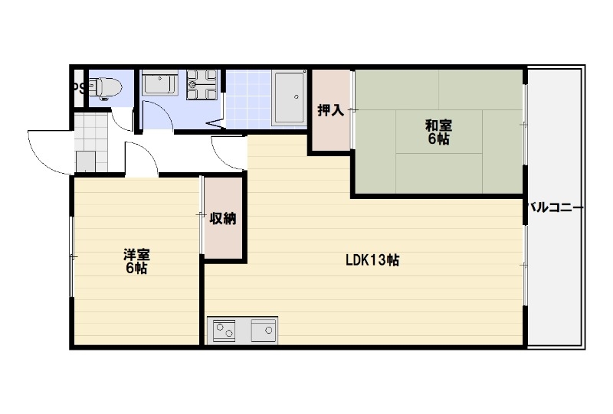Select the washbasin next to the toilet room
click(x=160, y=82)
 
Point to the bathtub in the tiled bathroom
click(x=289, y=96)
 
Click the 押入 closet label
click(x=330, y=110)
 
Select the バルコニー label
click(x=557, y=207)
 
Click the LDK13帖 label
click(x=371, y=260)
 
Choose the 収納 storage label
click(x=223, y=219)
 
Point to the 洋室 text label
click(x=136, y=253)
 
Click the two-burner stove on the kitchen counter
click(x=226, y=331)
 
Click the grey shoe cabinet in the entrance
click(x=86, y=161)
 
